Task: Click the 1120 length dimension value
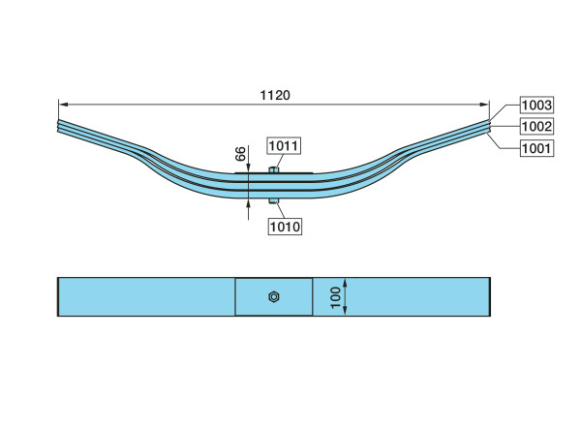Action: (275, 95)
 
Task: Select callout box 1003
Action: (536, 105)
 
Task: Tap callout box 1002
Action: (536, 127)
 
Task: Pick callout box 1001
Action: (536, 148)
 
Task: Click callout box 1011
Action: (284, 145)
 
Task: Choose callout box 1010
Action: (285, 227)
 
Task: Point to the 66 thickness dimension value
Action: (240, 153)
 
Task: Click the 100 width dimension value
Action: (335, 297)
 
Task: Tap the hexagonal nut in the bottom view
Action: (274, 297)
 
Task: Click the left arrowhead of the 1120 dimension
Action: (63, 105)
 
